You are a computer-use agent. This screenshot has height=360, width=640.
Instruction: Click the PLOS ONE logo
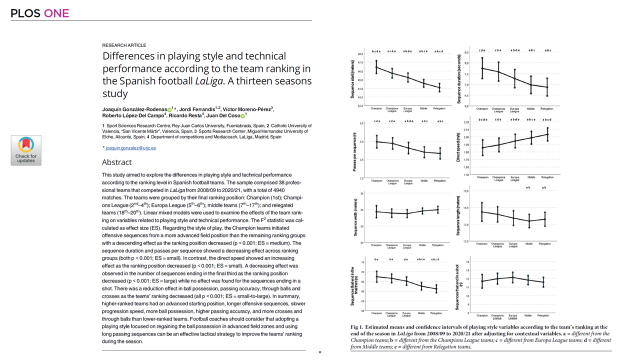pos(40,13)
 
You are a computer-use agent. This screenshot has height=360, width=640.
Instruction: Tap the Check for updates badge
pos(26,150)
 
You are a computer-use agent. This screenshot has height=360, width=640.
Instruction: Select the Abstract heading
pos(117,162)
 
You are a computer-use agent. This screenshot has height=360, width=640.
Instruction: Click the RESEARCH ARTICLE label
pos(124,45)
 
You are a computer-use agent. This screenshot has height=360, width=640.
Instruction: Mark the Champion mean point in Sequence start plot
pos(376,67)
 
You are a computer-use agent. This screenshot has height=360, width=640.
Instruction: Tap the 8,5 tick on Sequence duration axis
pos(466,52)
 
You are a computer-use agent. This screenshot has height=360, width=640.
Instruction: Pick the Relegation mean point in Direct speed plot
pos(546,134)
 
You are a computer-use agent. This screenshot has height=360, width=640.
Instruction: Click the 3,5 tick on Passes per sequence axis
pos(361,123)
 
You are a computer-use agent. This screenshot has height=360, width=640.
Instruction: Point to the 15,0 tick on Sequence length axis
pos(465,191)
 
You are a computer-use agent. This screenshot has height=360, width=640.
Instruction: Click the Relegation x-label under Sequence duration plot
pos(546,108)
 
